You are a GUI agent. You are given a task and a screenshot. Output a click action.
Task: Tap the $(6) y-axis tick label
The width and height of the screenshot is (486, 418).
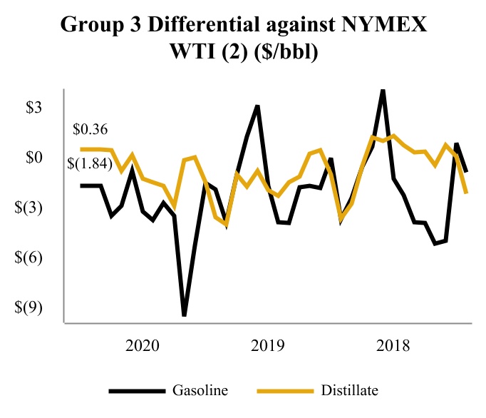click(31, 258)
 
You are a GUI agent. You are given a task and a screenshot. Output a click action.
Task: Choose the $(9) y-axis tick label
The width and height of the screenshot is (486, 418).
click(31, 307)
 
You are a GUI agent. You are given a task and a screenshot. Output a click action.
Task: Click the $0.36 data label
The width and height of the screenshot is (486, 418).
click(91, 130)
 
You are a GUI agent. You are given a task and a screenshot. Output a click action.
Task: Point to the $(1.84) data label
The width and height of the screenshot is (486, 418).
click(96, 165)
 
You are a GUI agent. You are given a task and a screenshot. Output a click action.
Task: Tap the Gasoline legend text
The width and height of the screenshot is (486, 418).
click(200, 390)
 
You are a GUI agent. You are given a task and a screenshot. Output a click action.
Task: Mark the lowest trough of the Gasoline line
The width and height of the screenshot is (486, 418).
click(185, 315)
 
